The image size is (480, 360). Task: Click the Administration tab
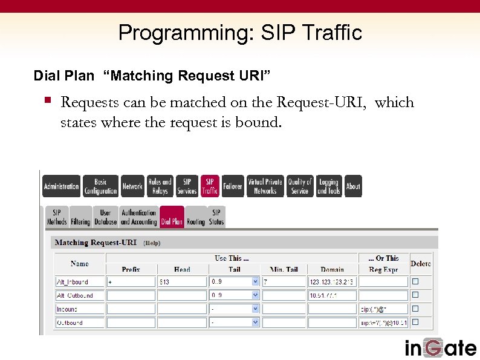tap(61, 186)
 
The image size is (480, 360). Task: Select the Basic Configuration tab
tap(100, 186)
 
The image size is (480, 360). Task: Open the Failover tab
tap(233, 186)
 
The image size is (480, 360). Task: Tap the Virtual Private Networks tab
tap(265, 186)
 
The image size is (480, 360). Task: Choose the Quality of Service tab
tap(300, 186)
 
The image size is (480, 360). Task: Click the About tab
tap(353, 186)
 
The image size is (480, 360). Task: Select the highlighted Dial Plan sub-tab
tap(172, 217)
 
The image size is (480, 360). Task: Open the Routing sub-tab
tap(195, 217)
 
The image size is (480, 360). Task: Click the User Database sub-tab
tap(105, 217)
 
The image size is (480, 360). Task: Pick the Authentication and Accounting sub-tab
tap(138, 217)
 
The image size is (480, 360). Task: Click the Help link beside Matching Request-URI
tap(152, 243)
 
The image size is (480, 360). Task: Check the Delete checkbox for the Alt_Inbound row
tap(415, 281)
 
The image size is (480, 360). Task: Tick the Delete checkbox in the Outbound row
tap(415, 322)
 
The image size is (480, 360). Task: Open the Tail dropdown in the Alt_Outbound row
tap(255, 295)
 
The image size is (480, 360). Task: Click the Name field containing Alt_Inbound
tap(79, 282)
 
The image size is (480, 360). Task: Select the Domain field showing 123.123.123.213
tap(332, 282)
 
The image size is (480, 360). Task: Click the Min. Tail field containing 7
tap(284, 282)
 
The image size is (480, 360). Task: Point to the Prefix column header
tap(131, 269)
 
